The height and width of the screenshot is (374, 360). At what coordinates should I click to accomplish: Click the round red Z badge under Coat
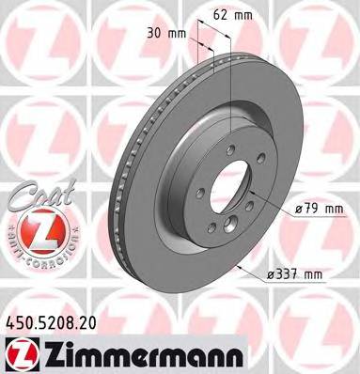click(31, 228)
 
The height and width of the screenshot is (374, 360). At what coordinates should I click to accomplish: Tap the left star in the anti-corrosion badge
click(8, 230)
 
